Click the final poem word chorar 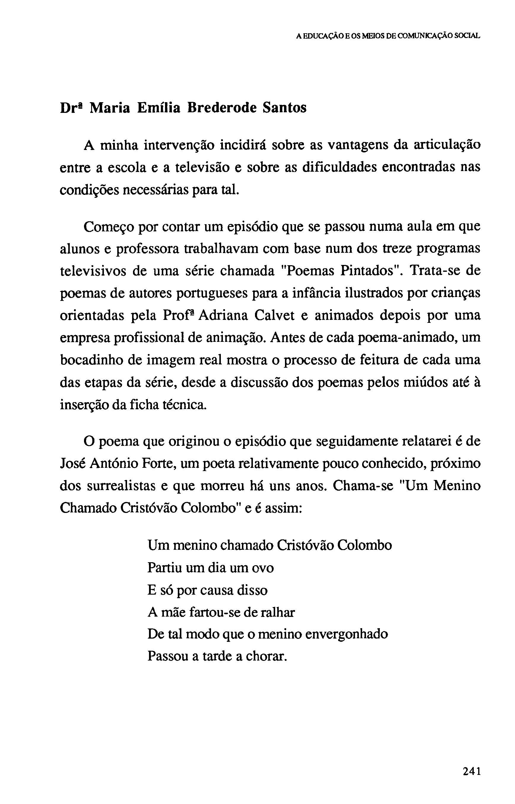click(266, 656)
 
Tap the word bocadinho click(90, 360)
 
